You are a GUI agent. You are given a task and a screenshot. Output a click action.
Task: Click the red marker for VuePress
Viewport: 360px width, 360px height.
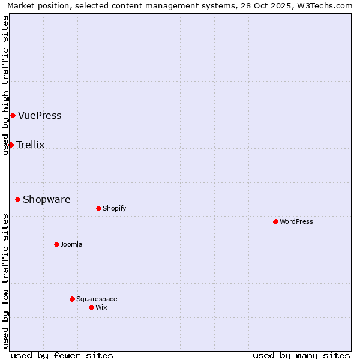click(x=13, y=115)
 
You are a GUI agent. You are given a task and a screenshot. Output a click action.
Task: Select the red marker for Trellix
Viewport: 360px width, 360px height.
click(x=11, y=145)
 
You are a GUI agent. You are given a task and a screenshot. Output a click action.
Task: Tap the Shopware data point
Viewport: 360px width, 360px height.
click(x=17, y=199)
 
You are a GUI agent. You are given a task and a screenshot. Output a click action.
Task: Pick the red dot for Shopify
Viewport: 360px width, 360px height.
click(x=98, y=208)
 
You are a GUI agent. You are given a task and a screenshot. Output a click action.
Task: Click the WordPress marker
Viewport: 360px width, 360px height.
click(x=275, y=221)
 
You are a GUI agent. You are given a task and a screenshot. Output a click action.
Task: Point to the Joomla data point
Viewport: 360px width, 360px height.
click(x=56, y=244)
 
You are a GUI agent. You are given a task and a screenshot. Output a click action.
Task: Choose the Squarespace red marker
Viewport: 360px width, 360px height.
click(x=72, y=299)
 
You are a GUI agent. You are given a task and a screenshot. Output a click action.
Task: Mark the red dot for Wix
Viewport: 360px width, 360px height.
click(x=91, y=307)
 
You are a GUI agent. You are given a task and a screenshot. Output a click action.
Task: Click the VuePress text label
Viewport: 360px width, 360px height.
click(x=40, y=116)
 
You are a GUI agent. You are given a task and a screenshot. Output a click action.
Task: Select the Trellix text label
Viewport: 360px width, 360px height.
click(x=31, y=145)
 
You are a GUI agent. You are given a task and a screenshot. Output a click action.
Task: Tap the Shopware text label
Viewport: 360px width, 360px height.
click(x=46, y=200)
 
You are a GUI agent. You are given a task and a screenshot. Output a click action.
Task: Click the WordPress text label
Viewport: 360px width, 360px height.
click(x=296, y=222)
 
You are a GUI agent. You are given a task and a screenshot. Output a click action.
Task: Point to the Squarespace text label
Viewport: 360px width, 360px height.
click(x=97, y=299)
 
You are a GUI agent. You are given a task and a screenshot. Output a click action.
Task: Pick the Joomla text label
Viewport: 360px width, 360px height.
click(x=71, y=245)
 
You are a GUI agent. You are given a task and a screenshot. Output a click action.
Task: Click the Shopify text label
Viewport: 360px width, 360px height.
click(x=114, y=209)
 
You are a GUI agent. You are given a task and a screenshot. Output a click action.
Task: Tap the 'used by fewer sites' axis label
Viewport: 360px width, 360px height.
click(x=62, y=355)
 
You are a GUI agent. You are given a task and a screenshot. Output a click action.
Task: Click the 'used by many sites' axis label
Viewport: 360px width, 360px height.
click(x=301, y=355)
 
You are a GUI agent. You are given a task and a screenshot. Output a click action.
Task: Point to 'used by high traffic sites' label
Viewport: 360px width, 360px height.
click(x=5, y=85)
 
